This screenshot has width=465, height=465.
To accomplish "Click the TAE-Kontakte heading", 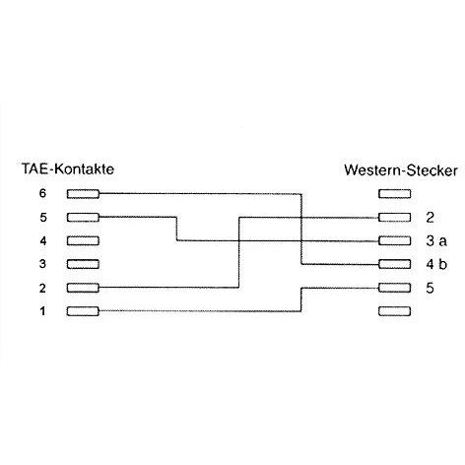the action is point(68,168).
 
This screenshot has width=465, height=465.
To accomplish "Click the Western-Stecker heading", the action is point(401,170).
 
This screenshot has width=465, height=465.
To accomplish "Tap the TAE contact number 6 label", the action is point(42,193).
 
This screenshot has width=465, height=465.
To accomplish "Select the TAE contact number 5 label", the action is point(43,218).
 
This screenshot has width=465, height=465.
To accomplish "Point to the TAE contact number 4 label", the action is point(43,241).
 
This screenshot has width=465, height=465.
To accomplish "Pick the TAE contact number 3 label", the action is point(42,264).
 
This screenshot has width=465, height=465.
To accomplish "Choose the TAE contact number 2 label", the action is point(42,288).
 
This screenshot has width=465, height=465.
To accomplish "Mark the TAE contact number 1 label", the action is point(42,310).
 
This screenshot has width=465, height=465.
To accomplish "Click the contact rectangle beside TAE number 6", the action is point(83,194).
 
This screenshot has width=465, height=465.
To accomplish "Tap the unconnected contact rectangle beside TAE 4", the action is point(83,240).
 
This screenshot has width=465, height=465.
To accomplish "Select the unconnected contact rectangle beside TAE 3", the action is point(83,264).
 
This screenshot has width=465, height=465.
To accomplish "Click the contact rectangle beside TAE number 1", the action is point(83,311).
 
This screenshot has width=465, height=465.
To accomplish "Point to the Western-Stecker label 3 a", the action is point(436,241).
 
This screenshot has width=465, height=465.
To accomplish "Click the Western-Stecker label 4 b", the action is point(436,264).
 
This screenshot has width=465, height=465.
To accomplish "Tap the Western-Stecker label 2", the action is point(430,218).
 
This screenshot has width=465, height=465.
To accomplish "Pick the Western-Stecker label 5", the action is point(430,288).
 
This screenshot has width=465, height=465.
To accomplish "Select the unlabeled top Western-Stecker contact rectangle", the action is point(394,194).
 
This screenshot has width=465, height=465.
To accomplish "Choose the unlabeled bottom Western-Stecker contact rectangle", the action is point(394,311).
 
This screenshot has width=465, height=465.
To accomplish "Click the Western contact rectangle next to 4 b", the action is point(394,264).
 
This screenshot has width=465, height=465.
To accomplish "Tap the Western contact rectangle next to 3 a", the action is point(394,240).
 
